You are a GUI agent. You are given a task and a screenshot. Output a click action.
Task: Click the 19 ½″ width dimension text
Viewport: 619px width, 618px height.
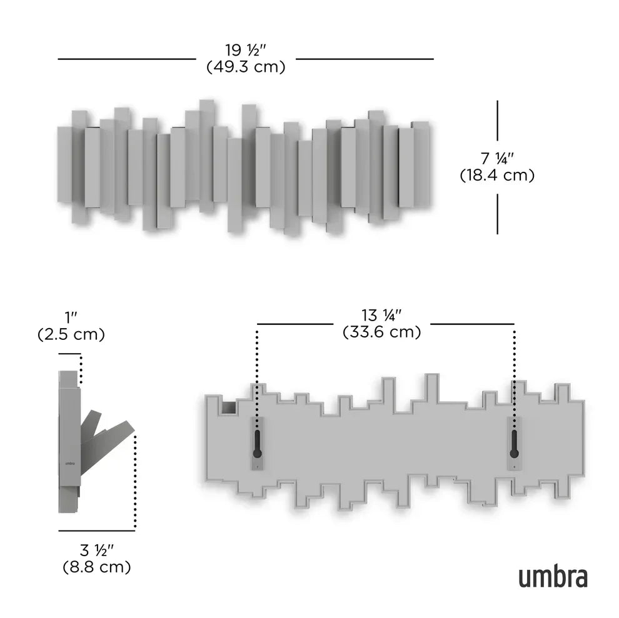[x=246, y=49]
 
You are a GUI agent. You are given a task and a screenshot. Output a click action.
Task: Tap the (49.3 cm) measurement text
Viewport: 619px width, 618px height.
[x=246, y=66]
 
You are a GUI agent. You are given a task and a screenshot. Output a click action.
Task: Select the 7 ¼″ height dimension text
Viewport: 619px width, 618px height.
[x=497, y=158]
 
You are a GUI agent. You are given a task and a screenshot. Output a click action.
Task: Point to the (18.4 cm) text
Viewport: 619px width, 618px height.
[x=497, y=176]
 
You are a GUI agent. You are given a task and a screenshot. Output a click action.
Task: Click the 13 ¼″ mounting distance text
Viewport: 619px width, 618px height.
[x=381, y=315]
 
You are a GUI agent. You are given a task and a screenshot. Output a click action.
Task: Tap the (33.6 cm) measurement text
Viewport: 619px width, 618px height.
[x=381, y=332]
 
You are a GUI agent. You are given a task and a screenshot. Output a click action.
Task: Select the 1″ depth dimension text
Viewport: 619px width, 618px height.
[x=71, y=317]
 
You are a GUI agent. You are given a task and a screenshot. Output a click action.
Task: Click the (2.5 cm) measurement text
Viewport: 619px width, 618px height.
[x=71, y=334]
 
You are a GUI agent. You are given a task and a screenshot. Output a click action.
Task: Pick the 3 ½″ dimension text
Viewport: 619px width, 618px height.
[x=96, y=551]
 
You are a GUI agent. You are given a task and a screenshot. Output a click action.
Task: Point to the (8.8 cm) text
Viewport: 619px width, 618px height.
[x=96, y=567]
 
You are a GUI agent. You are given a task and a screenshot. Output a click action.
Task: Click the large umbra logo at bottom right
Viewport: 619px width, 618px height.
[x=552, y=577]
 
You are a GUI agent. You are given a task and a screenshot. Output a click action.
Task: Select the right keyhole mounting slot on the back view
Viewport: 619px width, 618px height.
[x=514, y=443]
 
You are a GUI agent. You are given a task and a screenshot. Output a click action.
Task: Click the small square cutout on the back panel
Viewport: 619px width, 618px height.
[x=228, y=408]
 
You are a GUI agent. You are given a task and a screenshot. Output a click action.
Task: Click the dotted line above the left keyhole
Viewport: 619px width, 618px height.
[x=257, y=369]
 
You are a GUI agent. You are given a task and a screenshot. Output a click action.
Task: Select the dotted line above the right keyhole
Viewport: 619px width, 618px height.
[x=514, y=369]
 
